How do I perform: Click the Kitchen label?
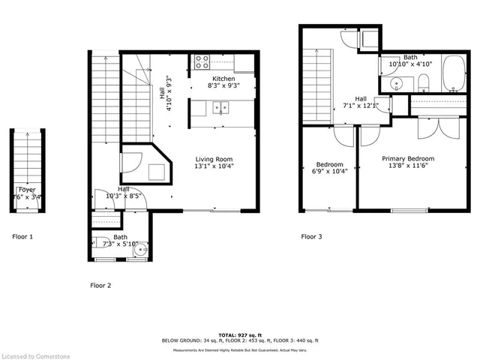(x=223, y=79)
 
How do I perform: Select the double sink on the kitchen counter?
(x=220, y=108)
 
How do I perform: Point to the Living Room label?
(x=214, y=159)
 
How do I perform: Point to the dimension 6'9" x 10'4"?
(x=329, y=172)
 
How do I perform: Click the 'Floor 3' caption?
(x=311, y=237)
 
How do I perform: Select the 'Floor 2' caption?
(x=100, y=285)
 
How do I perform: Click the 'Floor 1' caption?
(x=22, y=237)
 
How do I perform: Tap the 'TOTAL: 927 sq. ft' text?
(x=240, y=334)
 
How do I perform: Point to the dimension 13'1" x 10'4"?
(x=214, y=167)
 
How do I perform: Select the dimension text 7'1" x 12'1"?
(x=361, y=106)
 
